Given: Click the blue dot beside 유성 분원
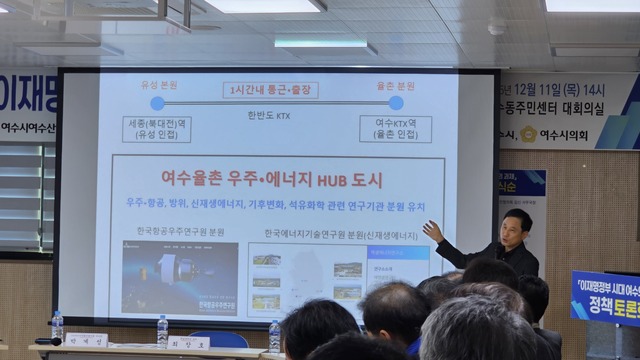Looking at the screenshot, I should (156, 102).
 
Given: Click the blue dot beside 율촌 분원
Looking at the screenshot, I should (395, 102).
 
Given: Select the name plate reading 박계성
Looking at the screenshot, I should (86, 340).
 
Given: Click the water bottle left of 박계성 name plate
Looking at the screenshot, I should (57, 327).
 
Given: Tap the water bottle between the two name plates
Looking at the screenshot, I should (162, 331).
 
